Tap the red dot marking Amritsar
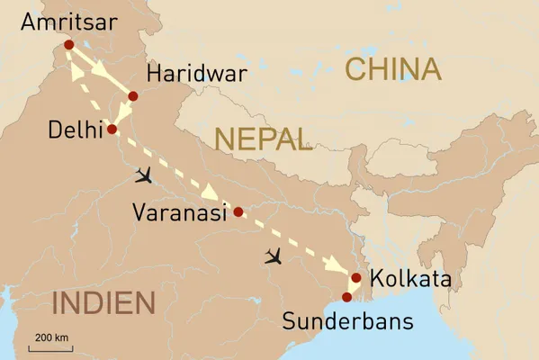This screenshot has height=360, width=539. pos(69,44)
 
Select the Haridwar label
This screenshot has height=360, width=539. pos(195,75)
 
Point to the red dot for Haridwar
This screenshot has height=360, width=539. pos(133,95)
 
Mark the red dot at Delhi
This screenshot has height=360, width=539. pos(112,130)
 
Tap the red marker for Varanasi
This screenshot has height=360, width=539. pos(238,212)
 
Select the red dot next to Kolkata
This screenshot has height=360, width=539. pos(356,278)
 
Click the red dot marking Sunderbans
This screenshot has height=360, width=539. pos(347,297)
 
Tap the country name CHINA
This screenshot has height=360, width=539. pos(393,69)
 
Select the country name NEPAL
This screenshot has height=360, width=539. pos(263,138)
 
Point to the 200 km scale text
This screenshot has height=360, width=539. pos(53,337)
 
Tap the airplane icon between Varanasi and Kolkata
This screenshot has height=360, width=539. pos(274,257)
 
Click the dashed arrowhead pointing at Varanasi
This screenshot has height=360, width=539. pos(209,193)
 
